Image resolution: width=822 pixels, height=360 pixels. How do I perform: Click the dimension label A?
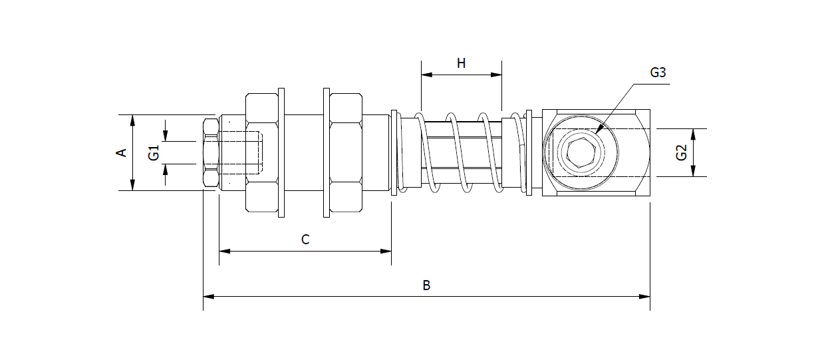[x=121, y=153]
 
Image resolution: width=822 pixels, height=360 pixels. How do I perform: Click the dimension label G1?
[x=154, y=152]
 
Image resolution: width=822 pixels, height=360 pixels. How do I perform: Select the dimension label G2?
[x=680, y=152]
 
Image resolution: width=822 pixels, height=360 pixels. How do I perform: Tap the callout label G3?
[x=657, y=73]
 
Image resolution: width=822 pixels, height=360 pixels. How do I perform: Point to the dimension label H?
[x=461, y=64]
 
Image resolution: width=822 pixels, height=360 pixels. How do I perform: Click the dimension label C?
[x=305, y=240]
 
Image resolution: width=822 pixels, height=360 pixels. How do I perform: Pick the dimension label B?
[x=426, y=285]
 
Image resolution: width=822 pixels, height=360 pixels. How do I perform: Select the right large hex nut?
[x=346, y=153]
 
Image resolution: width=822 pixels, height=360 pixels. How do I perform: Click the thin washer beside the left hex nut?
[x=281, y=153]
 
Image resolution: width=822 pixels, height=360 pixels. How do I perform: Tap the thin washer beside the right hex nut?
[x=327, y=153]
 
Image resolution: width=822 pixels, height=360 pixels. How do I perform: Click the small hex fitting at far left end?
[x=210, y=153]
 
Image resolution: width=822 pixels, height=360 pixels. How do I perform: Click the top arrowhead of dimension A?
[x=133, y=119]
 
